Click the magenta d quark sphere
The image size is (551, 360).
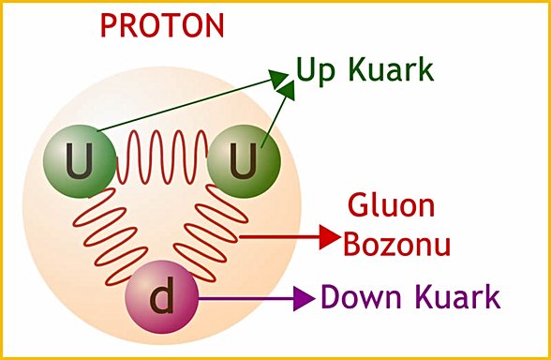click(161, 299)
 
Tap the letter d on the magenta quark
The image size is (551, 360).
click(162, 299)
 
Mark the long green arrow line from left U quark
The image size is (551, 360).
click(187, 102)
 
